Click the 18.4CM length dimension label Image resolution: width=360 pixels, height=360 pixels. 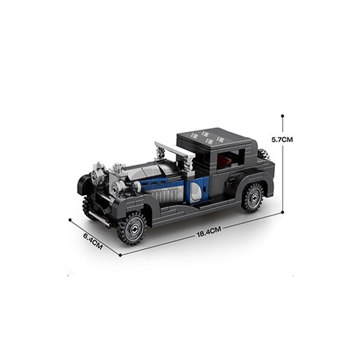(209, 232)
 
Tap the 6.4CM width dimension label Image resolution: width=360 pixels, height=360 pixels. (93, 241)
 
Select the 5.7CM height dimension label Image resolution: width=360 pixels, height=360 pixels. (282, 139)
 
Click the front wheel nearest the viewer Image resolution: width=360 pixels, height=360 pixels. (132, 229)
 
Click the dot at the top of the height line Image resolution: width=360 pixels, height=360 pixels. (283, 116)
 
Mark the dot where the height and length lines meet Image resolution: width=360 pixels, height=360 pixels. (283, 212)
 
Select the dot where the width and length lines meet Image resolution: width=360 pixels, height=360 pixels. (121, 255)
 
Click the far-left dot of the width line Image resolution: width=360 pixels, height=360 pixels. (70, 220)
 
